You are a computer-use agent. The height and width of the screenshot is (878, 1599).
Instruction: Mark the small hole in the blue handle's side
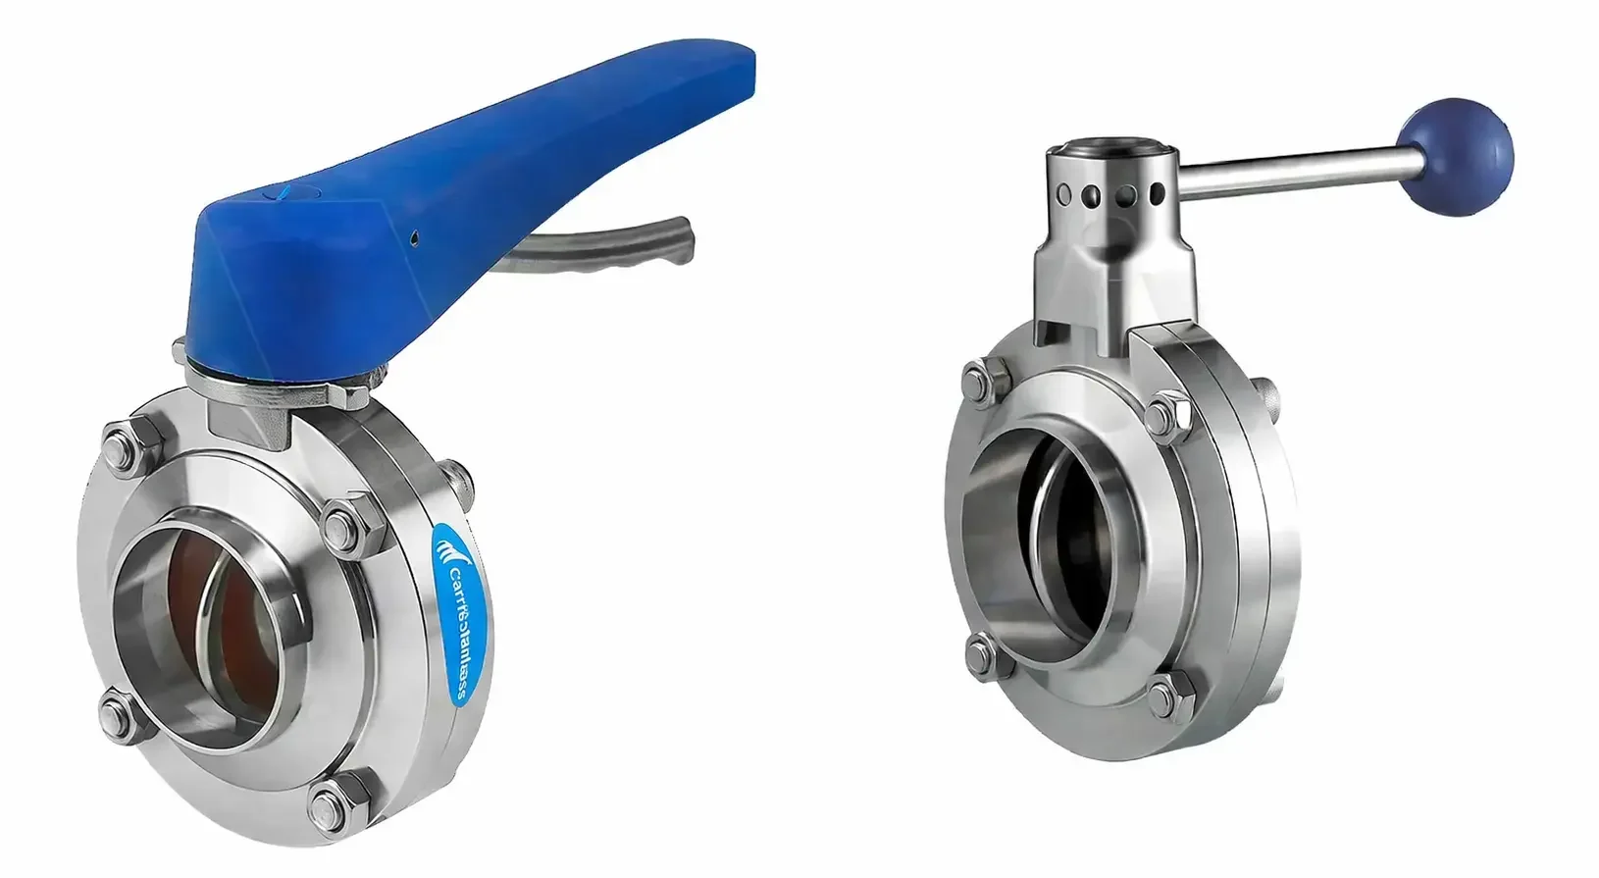click(x=415, y=236)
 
